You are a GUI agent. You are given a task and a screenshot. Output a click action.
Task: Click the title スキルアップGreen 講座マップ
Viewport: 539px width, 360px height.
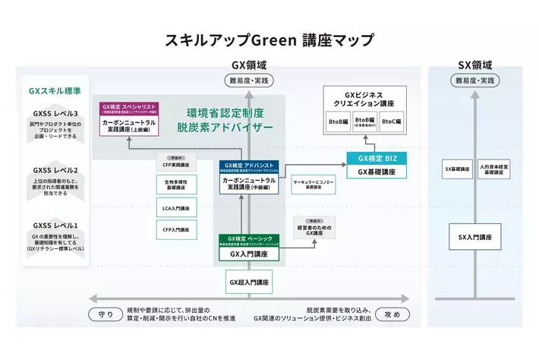click(x=269, y=39)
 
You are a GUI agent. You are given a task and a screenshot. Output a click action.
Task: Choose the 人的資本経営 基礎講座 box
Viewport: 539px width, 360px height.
click(x=496, y=169)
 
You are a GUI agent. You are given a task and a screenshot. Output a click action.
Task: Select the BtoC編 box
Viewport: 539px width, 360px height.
click(x=392, y=122)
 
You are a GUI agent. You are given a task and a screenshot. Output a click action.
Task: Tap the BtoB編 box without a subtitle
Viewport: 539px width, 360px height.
click(x=338, y=122)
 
